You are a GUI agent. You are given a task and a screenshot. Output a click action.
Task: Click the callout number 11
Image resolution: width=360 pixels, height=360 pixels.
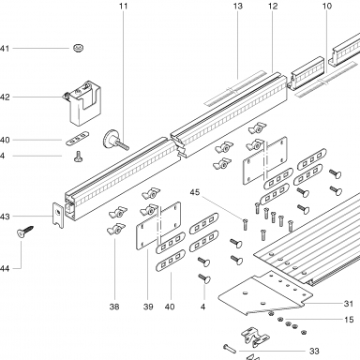tap(124, 6)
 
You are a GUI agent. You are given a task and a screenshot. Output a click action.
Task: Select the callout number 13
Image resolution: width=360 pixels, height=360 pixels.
tap(238, 6)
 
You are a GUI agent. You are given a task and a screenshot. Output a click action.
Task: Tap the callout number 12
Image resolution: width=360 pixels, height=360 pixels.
tap(273, 6)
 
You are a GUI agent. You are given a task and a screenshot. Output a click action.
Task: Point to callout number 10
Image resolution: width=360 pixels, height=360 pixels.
tap(327, 6)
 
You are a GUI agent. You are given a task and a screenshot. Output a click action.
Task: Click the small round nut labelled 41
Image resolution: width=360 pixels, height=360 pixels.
tap(79, 48)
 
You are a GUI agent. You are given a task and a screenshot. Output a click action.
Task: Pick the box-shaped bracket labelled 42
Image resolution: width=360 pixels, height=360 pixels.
tap(84, 103)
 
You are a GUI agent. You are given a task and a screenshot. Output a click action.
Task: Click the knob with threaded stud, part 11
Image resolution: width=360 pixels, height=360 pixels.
tap(114, 141)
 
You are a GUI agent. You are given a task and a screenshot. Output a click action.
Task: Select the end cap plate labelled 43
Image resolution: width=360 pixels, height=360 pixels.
tap(58, 215)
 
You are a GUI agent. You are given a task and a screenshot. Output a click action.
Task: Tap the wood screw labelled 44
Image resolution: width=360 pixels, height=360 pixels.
tap(25, 232)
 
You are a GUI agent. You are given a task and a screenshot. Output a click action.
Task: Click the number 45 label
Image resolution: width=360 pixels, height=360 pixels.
tap(195, 192)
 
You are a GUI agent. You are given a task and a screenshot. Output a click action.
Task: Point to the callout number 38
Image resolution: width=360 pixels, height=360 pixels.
tap(114, 307)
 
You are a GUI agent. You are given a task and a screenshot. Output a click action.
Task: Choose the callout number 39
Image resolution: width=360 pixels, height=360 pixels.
tap(148, 307)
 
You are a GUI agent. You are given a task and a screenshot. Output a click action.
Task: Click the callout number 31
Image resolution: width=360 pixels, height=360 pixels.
tap(349, 304)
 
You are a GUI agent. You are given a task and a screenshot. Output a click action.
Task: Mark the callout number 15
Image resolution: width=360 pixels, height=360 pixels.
tap(349, 320)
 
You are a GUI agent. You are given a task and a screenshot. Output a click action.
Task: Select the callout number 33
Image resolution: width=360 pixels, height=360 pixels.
tap(314, 352)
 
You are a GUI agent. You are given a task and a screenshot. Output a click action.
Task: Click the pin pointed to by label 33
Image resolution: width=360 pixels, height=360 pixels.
tap(230, 349)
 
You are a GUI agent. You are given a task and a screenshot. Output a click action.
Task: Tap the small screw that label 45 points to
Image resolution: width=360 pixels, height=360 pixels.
tap(245, 225)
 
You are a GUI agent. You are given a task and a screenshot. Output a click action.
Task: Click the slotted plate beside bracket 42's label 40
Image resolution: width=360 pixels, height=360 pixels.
tap(78, 138)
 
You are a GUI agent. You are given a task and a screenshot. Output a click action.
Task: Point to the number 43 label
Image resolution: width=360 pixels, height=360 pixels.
tap(5, 217)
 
